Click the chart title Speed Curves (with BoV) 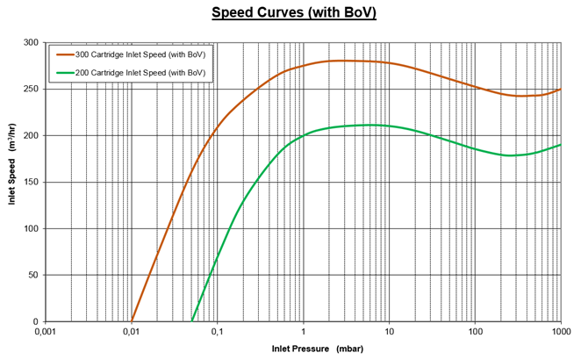tap(294, 13)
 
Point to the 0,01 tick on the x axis tap(131, 333)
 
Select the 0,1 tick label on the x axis tap(217, 333)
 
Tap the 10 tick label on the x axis tap(389, 333)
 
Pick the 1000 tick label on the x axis tap(559, 333)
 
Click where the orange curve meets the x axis tap(132, 320)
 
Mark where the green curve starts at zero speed tap(192, 320)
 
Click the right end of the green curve tap(560, 145)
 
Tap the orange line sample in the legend tap(62, 54)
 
